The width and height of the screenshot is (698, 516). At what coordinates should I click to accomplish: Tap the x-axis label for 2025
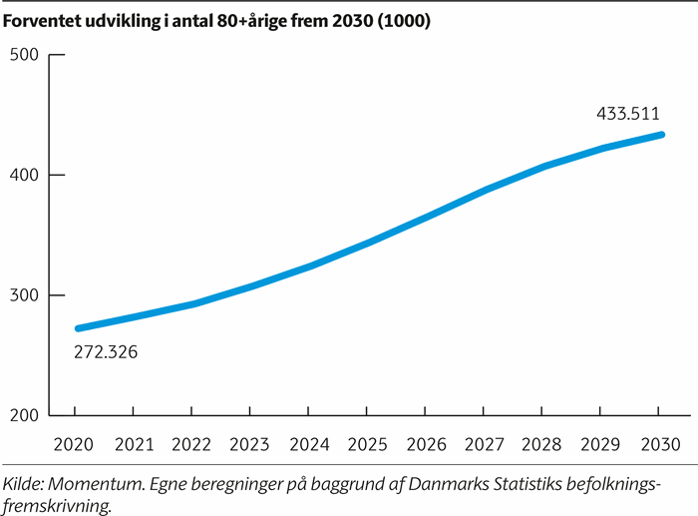[368, 442]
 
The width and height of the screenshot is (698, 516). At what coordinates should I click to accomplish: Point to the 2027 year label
[485, 442]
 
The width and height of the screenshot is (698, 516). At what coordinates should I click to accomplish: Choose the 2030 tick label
[659, 442]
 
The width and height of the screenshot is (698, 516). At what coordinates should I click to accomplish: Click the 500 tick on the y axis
[37, 54]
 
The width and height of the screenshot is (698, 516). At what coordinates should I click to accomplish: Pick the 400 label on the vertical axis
[37, 175]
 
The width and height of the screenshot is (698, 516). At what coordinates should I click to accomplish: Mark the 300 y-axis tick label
[37, 295]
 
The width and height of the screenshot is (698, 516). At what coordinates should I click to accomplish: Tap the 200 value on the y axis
[37, 416]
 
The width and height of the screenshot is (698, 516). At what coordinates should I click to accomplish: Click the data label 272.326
[106, 352]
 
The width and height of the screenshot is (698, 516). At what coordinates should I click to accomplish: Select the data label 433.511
[627, 114]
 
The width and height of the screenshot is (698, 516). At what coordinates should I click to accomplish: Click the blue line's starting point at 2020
[78, 328]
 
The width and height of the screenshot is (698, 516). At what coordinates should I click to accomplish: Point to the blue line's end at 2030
[659, 135]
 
